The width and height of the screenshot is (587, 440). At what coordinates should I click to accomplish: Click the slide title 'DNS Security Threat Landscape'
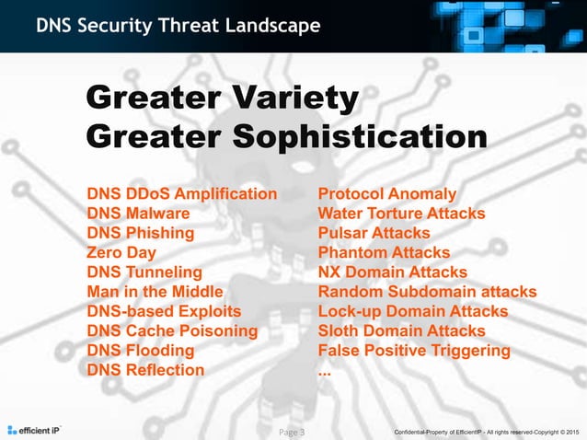click(x=178, y=25)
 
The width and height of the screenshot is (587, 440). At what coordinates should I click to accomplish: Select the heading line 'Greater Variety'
click(x=221, y=98)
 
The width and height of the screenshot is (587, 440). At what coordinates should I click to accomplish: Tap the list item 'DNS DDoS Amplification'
click(x=181, y=194)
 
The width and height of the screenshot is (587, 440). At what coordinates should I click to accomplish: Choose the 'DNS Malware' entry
click(x=138, y=214)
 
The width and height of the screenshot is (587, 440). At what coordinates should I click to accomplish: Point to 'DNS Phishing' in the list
click(x=140, y=233)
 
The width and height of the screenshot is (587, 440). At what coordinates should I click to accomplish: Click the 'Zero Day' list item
click(x=121, y=252)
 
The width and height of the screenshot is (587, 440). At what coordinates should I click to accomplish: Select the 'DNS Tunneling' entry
click(x=144, y=272)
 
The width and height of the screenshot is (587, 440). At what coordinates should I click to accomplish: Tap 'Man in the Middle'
click(x=155, y=292)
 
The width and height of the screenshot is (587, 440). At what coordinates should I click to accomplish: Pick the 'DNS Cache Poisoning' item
click(x=172, y=330)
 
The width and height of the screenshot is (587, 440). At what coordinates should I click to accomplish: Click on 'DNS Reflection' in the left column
click(x=145, y=370)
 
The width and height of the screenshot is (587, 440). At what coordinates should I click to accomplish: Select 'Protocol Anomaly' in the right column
click(x=386, y=194)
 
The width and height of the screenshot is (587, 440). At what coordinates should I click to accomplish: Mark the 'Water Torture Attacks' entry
click(x=401, y=214)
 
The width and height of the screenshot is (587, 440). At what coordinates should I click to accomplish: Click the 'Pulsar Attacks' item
click(x=374, y=233)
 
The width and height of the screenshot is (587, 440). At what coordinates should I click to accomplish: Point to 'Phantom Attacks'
click(x=384, y=252)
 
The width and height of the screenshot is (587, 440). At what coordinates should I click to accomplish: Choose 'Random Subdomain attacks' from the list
click(x=427, y=292)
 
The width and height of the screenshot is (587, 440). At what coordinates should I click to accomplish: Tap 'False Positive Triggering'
click(x=412, y=351)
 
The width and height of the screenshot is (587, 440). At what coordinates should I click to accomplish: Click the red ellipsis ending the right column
click(x=324, y=371)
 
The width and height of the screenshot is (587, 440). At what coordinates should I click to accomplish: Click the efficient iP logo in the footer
click(x=35, y=430)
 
